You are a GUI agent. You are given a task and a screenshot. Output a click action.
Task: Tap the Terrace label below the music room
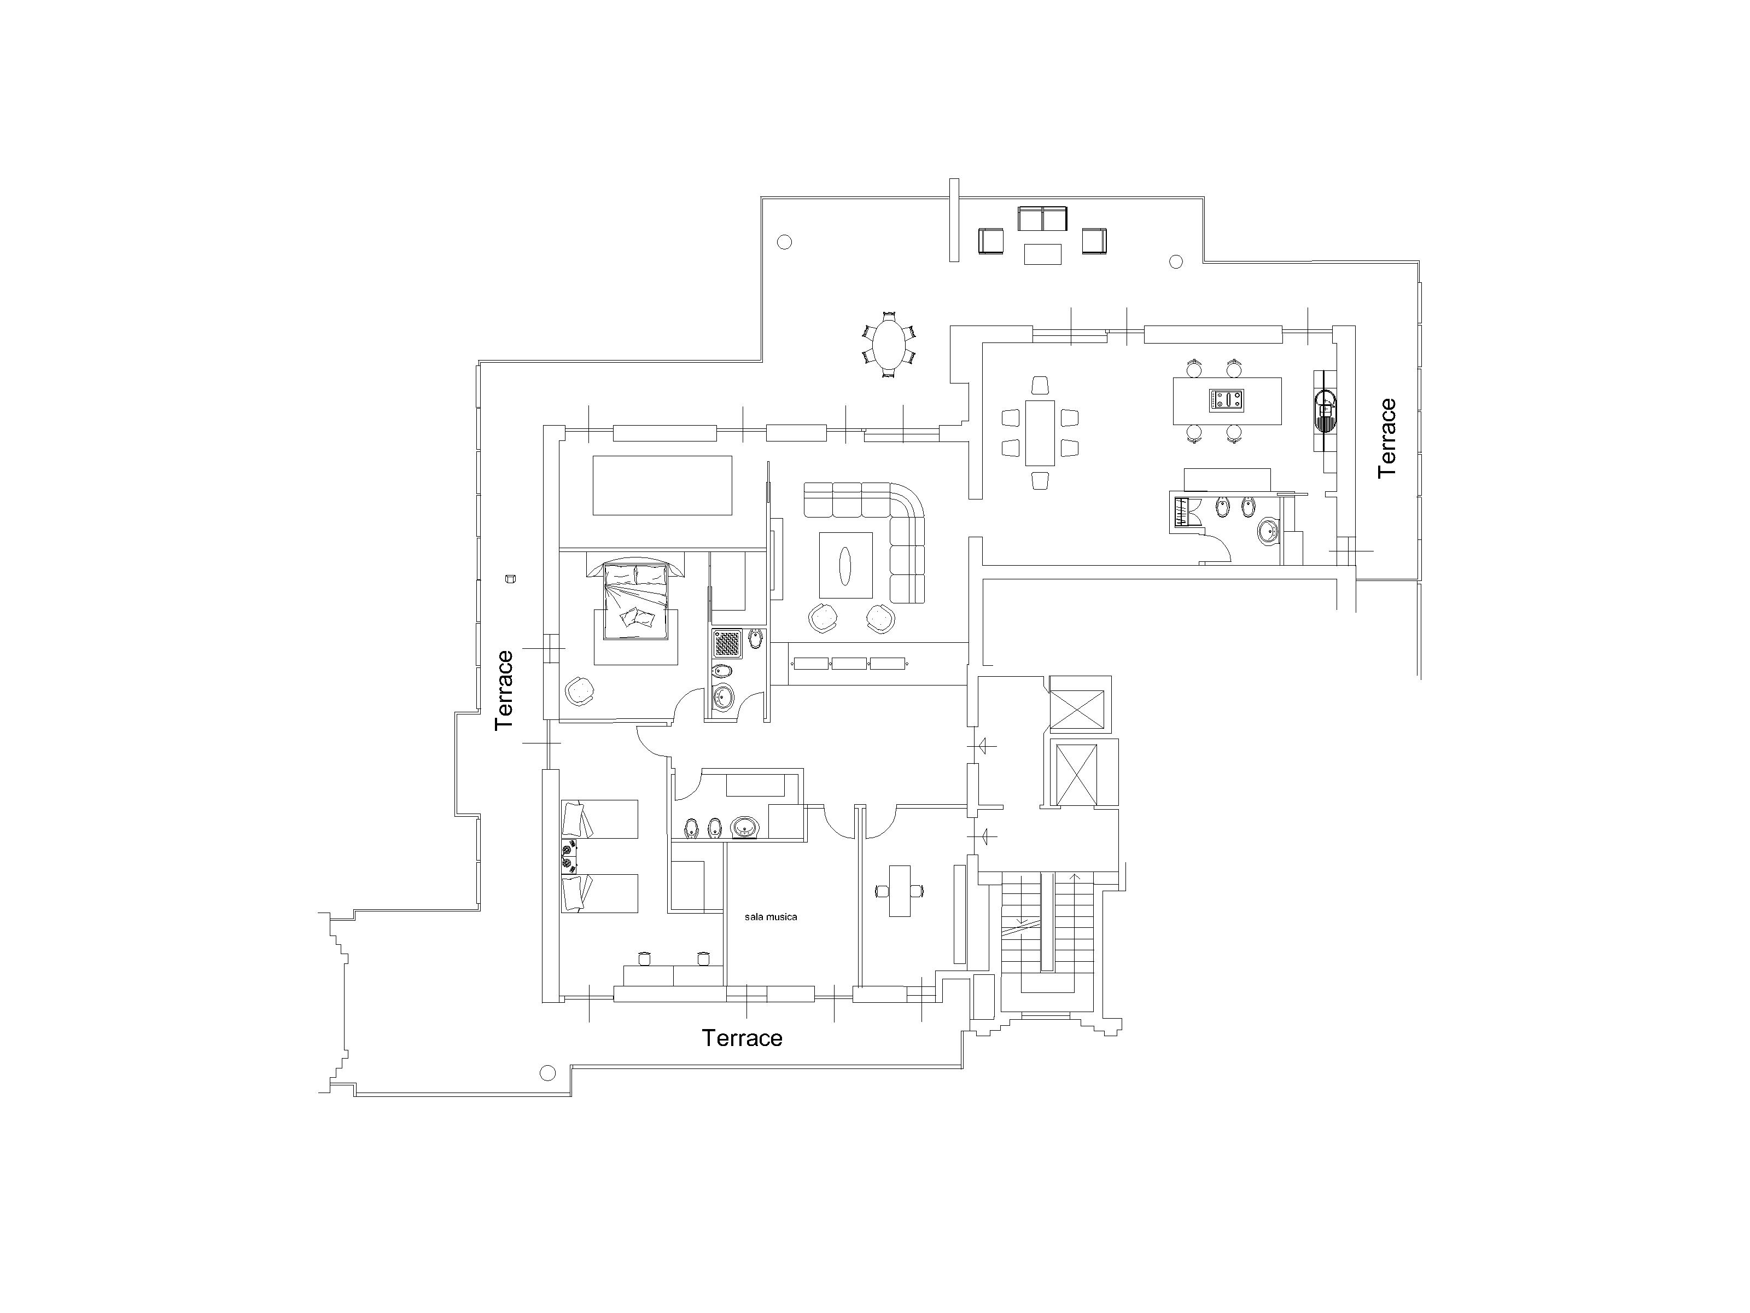click(x=742, y=1038)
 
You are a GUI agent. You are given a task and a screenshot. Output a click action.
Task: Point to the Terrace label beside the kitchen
click(x=1387, y=438)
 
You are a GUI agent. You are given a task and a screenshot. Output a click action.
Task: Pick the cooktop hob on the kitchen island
click(x=1226, y=400)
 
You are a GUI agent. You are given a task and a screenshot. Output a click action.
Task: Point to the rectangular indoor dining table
click(x=1040, y=433)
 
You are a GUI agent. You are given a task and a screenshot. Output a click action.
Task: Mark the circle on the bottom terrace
click(x=547, y=1073)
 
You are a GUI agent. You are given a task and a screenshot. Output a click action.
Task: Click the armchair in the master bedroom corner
click(x=581, y=690)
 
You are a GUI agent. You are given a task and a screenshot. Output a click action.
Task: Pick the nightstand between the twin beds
click(x=568, y=856)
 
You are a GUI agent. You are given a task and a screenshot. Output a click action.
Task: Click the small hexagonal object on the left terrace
click(x=510, y=579)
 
